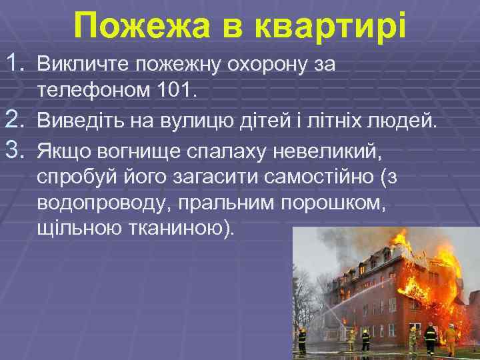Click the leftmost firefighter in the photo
pos(302,339)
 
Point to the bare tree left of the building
pos(313,293)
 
